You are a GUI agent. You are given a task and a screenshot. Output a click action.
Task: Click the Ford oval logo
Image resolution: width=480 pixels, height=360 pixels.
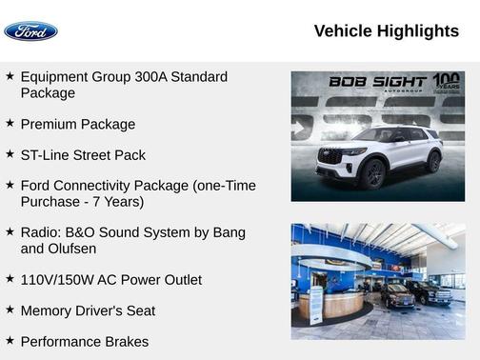30,31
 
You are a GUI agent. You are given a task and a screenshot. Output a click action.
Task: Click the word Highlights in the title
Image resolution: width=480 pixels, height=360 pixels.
417,31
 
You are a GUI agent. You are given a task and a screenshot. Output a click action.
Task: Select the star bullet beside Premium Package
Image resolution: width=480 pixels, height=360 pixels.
10,124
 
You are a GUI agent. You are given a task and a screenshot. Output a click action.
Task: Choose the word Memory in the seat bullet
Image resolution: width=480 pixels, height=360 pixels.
48,310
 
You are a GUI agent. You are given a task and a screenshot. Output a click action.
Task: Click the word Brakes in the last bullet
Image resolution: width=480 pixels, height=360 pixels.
125,341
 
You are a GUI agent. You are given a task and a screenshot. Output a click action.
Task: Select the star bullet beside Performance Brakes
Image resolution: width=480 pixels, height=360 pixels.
10,341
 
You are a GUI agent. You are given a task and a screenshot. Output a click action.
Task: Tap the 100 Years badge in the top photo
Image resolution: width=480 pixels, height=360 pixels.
447,82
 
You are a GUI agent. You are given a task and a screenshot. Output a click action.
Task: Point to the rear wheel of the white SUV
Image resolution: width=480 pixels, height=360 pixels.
433,162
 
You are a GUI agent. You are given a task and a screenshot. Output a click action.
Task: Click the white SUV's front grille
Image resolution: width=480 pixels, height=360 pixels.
330,156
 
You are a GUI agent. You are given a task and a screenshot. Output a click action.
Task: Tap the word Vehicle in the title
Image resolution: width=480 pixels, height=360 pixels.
343,31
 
